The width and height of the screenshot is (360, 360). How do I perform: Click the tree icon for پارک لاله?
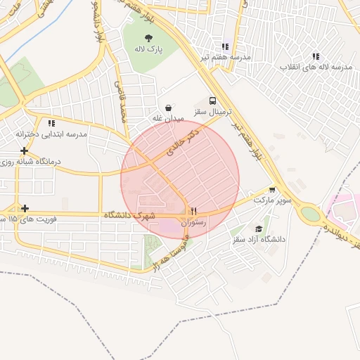[148, 38]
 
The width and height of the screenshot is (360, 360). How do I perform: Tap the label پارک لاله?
[148, 50]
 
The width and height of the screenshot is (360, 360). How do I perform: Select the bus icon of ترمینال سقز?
[213, 101]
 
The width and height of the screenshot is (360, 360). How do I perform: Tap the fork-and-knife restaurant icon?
[193, 210]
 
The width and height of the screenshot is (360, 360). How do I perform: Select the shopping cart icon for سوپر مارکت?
[272, 189]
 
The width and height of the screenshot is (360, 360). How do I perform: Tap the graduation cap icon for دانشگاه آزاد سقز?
[259, 229]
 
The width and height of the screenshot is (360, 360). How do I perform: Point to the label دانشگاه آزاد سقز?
[259, 240]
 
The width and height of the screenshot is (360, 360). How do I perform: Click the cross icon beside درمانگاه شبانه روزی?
[25, 150]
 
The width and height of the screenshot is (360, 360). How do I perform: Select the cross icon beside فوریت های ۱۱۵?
[25, 208]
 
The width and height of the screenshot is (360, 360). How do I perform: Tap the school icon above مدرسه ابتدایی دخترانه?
[51, 123]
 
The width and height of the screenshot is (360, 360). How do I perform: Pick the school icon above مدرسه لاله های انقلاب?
[316, 56]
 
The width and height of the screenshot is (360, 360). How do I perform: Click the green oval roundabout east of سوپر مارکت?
[309, 213]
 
